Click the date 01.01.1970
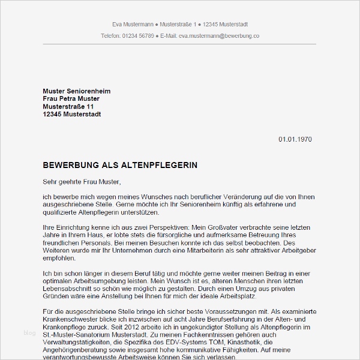click(x=295, y=139)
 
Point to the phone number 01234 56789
click(x=133, y=36)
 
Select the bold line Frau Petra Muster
click(x=71, y=98)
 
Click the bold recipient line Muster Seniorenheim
click(x=77, y=91)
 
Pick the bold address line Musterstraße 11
click(x=68, y=106)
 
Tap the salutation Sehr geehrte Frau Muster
click(x=82, y=181)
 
